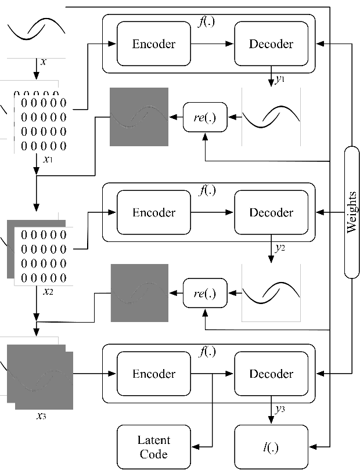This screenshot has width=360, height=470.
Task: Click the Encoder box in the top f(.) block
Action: (x=154, y=44)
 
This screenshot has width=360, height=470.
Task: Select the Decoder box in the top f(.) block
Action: (x=271, y=44)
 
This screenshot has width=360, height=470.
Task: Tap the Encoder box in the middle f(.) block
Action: (x=154, y=212)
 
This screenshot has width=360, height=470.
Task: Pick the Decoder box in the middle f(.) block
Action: (x=271, y=212)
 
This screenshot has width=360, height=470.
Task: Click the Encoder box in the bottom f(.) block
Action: (x=154, y=374)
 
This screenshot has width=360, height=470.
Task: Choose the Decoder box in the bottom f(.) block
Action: (x=271, y=374)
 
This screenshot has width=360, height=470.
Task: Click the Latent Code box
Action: (x=154, y=447)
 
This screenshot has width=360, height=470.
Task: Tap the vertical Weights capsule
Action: (x=351, y=212)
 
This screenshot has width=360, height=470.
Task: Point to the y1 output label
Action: (x=280, y=79)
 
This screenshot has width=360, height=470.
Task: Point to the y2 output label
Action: (x=280, y=248)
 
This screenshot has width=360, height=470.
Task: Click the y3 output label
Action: (x=280, y=409)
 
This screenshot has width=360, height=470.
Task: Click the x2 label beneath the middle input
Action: (x=49, y=291)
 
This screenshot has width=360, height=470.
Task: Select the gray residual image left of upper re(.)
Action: (x=139, y=117)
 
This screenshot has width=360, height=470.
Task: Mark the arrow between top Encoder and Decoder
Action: (x=213, y=44)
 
